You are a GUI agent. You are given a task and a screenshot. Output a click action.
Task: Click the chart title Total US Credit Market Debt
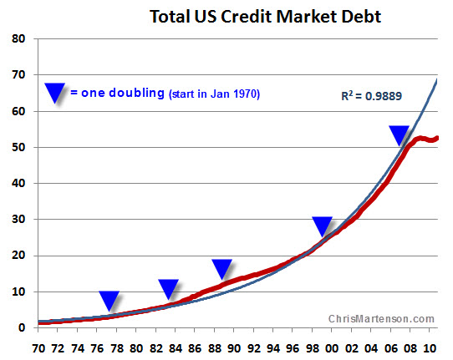coord(265,17)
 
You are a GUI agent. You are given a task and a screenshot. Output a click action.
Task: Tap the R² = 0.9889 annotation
coord(372,96)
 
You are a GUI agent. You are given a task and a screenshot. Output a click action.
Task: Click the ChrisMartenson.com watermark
coord(381,319)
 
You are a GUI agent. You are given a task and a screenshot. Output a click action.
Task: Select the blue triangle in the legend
coord(54,93)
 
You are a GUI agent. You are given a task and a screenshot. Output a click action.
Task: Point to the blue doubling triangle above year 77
coord(109,301)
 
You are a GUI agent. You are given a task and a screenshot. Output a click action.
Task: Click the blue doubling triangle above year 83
coord(169,289)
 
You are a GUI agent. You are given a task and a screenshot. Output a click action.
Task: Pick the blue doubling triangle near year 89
coord(221,269)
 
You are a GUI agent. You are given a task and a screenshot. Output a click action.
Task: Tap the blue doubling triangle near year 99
coord(323,226)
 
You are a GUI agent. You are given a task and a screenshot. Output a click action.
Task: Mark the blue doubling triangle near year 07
coord(400,135)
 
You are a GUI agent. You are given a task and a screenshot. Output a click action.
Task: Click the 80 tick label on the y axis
coord(18,38)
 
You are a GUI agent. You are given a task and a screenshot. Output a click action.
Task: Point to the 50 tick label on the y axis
coord(18,147)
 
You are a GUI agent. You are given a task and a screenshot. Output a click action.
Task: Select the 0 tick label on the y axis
coord(22,327)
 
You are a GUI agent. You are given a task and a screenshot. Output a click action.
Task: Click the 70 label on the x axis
coord(38,348)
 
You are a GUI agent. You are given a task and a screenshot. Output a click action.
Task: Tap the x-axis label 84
coord(176,348)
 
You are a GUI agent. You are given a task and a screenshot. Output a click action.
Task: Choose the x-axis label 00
coord(332,348)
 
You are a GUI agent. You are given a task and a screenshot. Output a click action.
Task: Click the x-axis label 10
coord(430,348)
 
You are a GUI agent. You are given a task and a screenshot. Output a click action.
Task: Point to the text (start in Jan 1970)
coord(214,94)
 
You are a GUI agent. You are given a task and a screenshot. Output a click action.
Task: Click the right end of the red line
coord(437,138)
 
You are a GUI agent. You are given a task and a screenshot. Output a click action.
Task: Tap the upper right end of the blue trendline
coord(437,79)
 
